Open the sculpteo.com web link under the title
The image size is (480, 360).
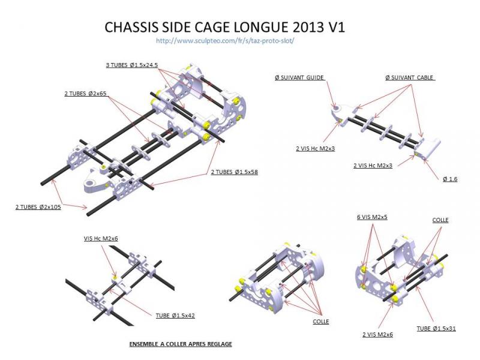pos(224,41)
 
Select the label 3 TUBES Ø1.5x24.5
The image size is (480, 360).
pos(131,64)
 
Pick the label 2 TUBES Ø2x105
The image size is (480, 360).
pos(38,207)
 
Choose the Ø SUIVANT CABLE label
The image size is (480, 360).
pos(409,78)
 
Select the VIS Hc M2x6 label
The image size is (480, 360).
pos(101,238)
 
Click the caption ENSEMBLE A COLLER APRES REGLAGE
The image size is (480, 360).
pos(181,344)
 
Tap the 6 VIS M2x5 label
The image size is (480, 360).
pos(372,217)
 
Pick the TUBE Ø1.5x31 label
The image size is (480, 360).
pos(437,328)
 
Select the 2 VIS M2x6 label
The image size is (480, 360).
pos(377,334)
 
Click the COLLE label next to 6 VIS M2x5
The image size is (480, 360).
pos(440,220)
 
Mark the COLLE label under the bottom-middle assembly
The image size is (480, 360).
pos(320,321)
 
